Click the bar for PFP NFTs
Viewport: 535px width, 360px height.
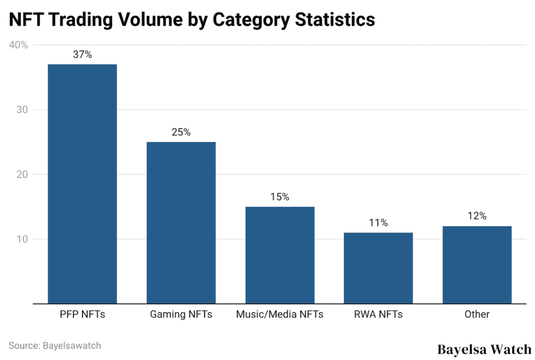pos(82,183)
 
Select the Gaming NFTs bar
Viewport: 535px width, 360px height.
pos(181,222)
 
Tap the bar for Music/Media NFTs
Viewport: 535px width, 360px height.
pos(280,254)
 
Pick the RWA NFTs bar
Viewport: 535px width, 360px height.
pos(378,268)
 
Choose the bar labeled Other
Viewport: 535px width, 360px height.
pos(477,264)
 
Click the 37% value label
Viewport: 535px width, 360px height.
pos(82,54)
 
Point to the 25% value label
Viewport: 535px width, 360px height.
pos(181,132)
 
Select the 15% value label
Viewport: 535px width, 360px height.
pos(280,197)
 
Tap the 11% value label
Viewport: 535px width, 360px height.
pos(378,223)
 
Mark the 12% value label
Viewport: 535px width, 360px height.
pos(477,216)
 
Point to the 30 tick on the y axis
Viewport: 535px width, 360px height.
pos(21,110)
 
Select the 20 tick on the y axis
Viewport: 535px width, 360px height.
pos(21,175)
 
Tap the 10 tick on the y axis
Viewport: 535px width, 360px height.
pos(21,239)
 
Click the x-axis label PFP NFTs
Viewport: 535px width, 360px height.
pos(82,314)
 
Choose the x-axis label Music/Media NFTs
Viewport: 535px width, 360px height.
pos(280,314)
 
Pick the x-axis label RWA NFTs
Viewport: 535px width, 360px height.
pos(378,314)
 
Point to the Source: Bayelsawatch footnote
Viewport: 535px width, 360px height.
pos(55,345)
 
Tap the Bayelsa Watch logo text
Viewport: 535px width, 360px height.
pos(484,349)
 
